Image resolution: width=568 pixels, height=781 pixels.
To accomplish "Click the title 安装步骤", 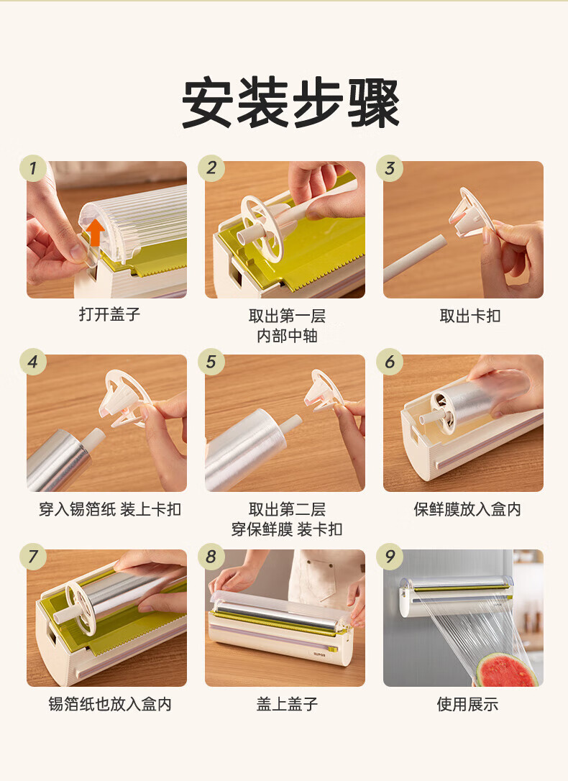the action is point(290,103).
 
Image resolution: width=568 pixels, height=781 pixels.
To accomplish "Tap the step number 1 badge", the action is point(33,168).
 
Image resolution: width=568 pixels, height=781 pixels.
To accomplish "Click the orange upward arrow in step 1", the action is point(95,232).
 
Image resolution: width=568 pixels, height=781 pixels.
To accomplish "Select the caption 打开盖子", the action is point(109,314).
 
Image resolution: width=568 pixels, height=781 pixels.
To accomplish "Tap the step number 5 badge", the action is point(211,362).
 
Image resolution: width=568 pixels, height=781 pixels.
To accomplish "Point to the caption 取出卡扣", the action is point(470,316).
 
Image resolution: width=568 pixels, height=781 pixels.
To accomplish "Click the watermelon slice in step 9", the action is point(505,672).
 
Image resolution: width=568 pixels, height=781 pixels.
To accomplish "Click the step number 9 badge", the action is point(390,557).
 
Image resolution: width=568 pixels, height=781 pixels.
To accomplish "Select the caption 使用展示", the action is point(467,704).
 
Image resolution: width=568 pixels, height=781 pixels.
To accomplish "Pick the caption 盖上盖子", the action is point(288,704).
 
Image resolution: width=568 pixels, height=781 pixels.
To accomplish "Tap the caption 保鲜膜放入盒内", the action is point(467,509).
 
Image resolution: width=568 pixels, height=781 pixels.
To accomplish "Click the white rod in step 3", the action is point(415,259).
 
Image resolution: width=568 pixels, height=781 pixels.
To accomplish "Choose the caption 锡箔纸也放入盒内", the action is point(110,704).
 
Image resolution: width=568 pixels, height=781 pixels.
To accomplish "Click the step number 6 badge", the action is point(390,362).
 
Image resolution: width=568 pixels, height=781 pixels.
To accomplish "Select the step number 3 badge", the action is point(390,168).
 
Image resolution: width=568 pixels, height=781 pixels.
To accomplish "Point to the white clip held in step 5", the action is point(324,391).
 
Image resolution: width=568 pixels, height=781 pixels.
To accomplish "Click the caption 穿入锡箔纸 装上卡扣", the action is point(110,509).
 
